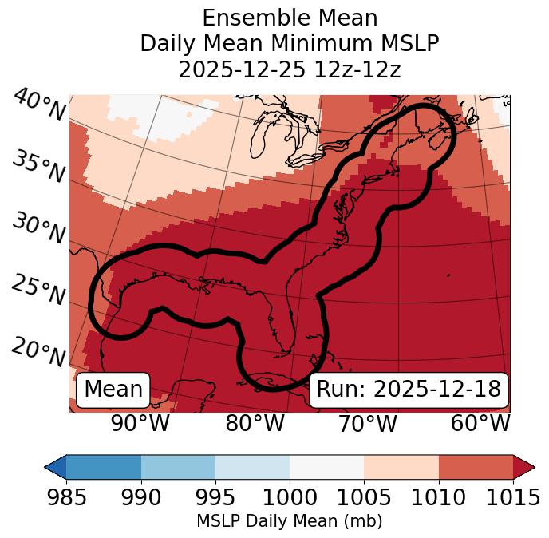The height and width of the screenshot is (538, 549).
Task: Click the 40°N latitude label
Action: point(38,105)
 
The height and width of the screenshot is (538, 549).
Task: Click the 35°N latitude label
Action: point(38,167)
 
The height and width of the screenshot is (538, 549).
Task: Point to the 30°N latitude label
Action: point(38,229)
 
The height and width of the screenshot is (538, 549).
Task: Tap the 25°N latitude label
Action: point(38,291)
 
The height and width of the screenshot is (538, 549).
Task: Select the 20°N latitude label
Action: point(38,351)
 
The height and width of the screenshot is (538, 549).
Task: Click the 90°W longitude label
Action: point(140,423)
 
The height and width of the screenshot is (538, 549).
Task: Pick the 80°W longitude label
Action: point(255,423)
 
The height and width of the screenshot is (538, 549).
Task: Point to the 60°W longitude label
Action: point(480,423)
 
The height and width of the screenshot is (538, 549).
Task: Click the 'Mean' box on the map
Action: point(113,390)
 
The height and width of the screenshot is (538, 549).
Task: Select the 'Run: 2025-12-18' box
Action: point(409,390)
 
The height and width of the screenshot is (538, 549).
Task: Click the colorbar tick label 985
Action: point(66,497)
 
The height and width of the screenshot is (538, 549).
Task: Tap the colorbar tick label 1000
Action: point(290,497)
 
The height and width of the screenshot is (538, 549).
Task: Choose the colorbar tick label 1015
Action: point(512,497)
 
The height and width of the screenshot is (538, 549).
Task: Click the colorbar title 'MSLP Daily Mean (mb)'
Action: point(290,521)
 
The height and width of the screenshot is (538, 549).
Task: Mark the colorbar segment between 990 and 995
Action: point(178,466)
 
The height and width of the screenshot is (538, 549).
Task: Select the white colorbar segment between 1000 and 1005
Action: point(326,466)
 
